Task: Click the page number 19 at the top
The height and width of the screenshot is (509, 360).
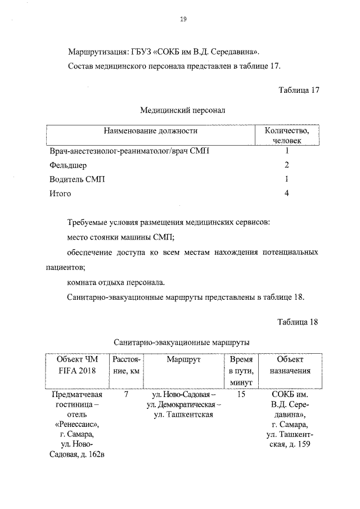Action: [x=183, y=19]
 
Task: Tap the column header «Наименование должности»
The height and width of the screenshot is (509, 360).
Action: [x=150, y=130]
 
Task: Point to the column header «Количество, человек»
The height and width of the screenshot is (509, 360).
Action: [x=286, y=136]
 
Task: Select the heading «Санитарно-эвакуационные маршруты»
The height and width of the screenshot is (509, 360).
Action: [x=182, y=342]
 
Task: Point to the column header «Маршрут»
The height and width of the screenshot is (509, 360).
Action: [x=183, y=359]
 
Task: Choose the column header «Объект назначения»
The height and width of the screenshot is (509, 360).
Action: [x=290, y=365]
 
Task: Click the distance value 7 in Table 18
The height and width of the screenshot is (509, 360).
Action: [x=126, y=395]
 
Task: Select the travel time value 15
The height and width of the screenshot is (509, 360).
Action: [x=241, y=395]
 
